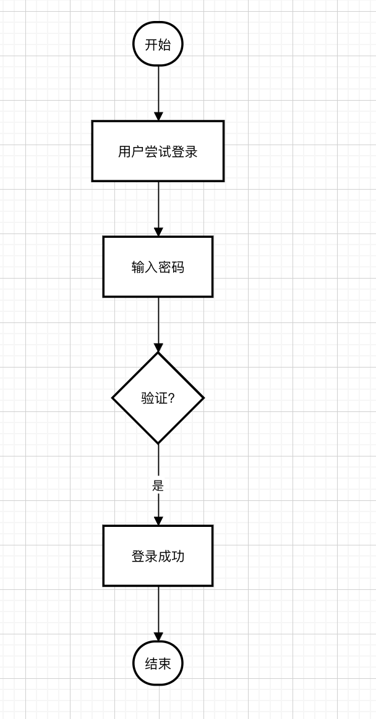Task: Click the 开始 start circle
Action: click(x=158, y=44)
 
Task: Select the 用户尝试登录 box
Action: click(x=158, y=151)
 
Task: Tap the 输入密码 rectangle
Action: click(x=158, y=267)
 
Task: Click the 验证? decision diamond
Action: click(x=158, y=398)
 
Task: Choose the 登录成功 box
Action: click(x=158, y=556)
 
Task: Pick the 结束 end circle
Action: click(x=158, y=663)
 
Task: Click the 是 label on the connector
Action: click(x=158, y=486)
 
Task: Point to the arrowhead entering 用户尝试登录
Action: click(x=158, y=116)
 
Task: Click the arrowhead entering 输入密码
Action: click(x=158, y=232)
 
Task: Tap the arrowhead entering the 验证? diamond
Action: click(x=158, y=347)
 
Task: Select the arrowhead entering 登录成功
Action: click(x=158, y=521)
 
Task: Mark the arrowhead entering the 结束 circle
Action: click(x=158, y=636)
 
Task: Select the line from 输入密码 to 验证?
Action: click(x=158, y=321)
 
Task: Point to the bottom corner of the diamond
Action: click(x=158, y=443)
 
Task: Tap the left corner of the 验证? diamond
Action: click(x=113, y=398)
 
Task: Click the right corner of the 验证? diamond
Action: click(x=203, y=398)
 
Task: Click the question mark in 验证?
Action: click(x=171, y=398)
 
